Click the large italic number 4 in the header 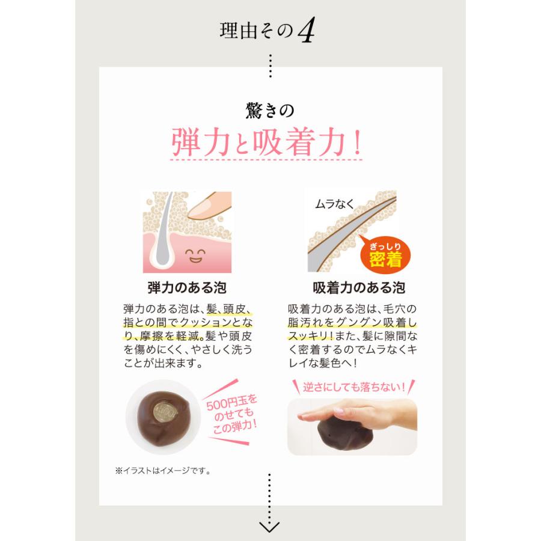point(306,32)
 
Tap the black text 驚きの point(270,111)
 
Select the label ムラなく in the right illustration point(335,205)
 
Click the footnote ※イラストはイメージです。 point(162,471)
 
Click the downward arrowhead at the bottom point(270,525)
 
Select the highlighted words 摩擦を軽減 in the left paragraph point(169,335)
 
